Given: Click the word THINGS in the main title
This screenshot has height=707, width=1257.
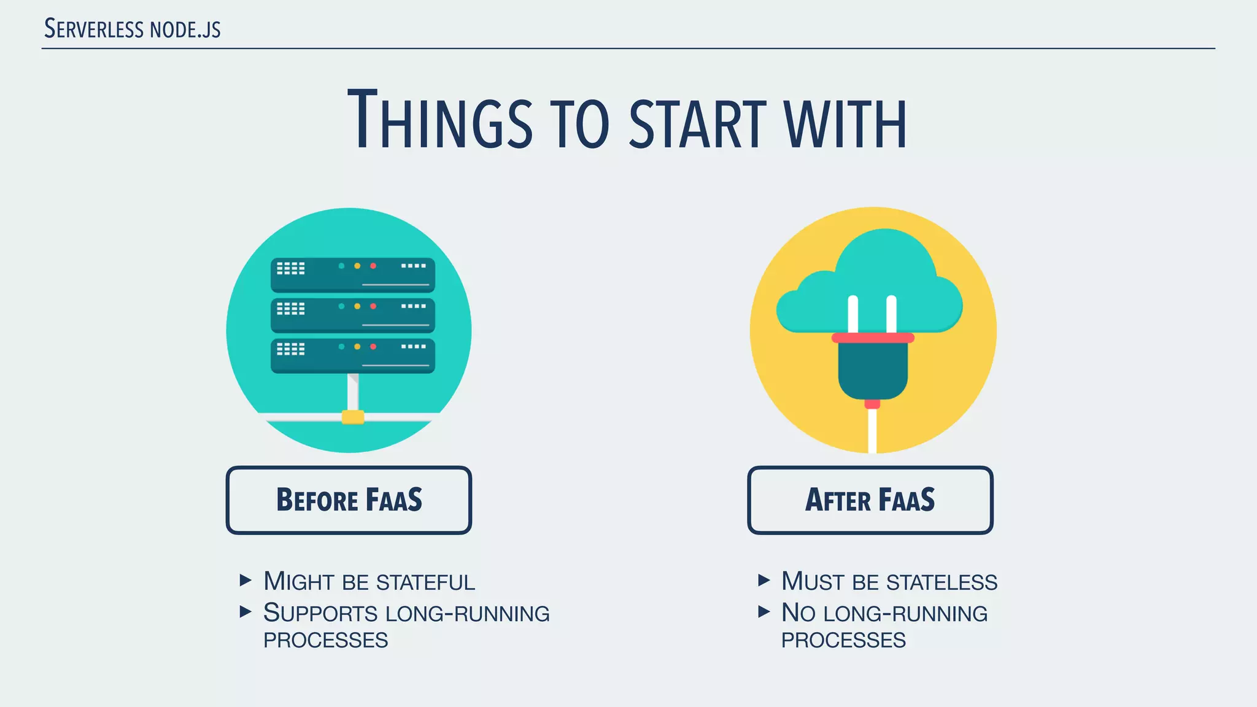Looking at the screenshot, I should pyautogui.click(x=439, y=120).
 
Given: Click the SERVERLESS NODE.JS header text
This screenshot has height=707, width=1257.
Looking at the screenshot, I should pyautogui.click(x=132, y=29).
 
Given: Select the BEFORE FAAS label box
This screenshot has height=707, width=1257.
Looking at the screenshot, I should pyautogui.click(x=349, y=500).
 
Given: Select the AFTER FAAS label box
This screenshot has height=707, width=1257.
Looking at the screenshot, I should pyautogui.click(x=870, y=500).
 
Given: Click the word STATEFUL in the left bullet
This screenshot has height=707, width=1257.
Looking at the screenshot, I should pyautogui.click(x=425, y=582).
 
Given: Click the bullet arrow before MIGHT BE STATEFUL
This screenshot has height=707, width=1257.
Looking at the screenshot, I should pyautogui.click(x=246, y=580).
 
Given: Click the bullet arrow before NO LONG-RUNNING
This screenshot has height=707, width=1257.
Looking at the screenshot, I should pyautogui.click(x=764, y=611).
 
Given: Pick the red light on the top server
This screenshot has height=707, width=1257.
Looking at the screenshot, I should pyautogui.click(x=373, y=266).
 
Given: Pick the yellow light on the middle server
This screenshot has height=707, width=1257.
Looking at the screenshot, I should pyautogui.click(x=357, y=306).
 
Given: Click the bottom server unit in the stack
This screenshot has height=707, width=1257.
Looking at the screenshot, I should pyautogui.click(x=352, y=356).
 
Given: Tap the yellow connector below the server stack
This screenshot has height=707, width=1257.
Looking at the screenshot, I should pyautogui.click(x=353, y=417).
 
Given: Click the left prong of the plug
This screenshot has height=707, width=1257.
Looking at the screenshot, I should pyautogui.click(x=853, y=314).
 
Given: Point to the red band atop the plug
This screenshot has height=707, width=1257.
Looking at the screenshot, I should pyautogui.click(x=872, y=338).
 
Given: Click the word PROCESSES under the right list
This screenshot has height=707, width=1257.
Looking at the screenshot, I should pyautogui.click(x=843, y=640).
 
